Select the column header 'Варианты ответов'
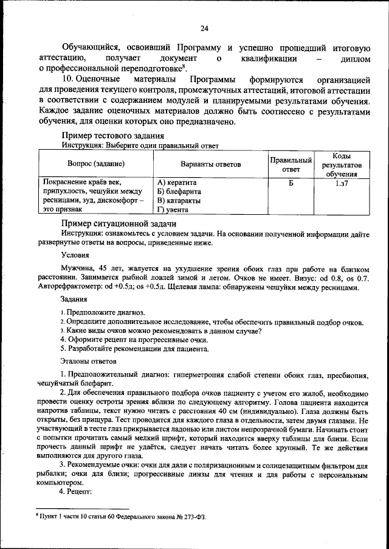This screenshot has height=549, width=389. point(210,164)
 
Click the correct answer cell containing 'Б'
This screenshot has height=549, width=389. point(291,182)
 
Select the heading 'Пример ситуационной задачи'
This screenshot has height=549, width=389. point(118,223)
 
